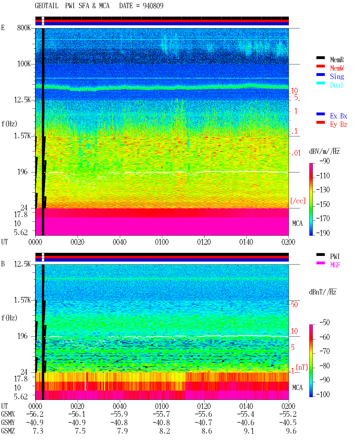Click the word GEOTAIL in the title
click(x=47, y=6)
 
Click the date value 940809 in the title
click(x=153, y=6)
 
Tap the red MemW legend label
click(x=337, y=68)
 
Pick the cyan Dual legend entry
click(x=337, y=85)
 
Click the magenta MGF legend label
click(x=335, y=265)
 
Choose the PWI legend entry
click(x=335, y=256)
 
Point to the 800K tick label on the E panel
click(x=24, y=28)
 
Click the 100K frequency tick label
click(x=24, y=64)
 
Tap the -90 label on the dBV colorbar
click(x=325, y=161)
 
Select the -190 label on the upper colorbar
click(x=323, y=233)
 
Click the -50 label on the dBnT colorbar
click(x=325, y=323)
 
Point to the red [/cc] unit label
click(x=298, y=201)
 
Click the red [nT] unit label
click(x=302, y=368)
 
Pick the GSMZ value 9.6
click(x=291, y=431)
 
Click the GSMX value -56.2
click(x=35, y=414)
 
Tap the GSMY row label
click(x=8, y=422)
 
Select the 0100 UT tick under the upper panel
click(x=162, y=242)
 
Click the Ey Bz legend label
click(x=339, y=124)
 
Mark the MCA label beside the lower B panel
click(x=297, y=388)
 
